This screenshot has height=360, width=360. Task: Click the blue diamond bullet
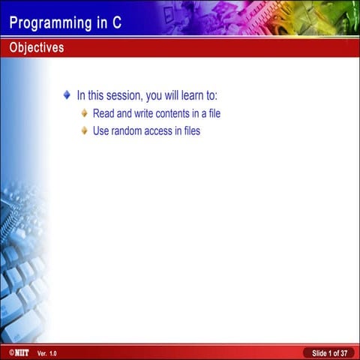coord(67,96)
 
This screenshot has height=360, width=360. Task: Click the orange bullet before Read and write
coord(84,114)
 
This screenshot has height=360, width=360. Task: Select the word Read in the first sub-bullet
coord(103,114)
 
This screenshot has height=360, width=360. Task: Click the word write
coord(146,114)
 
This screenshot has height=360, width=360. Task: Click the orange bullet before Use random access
coord(84,131)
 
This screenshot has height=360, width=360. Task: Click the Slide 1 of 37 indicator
coord(329,352)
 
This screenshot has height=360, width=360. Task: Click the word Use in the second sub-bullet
coord(100,131)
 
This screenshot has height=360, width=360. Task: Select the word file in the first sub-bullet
coord(214,114)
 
